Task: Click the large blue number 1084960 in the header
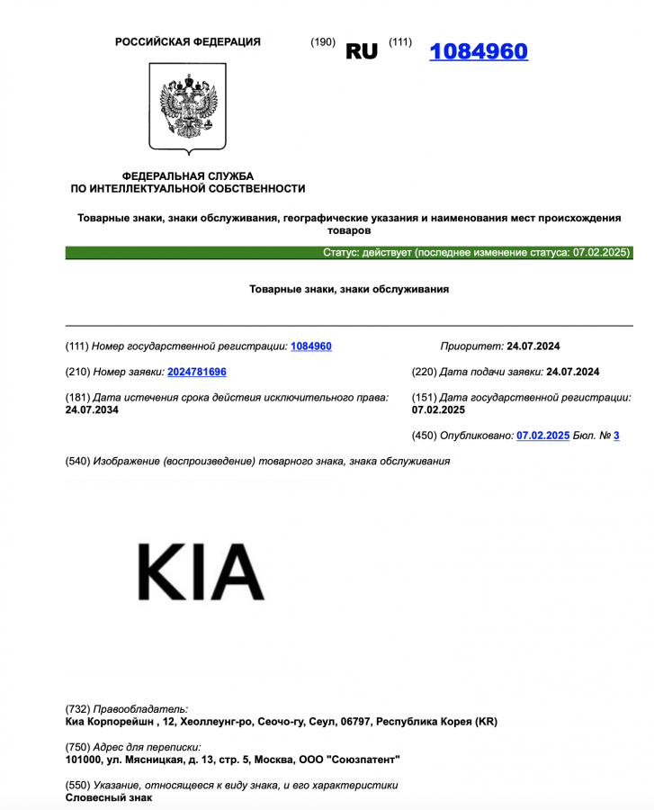tap(479, 51)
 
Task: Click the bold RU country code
tap(362, 52)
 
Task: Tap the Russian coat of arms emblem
tap(187, 107)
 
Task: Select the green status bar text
tap(477, 253)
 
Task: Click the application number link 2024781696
tap(197, 372)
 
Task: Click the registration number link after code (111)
tap(311, 346)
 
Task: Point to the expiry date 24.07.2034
tap(92, 410)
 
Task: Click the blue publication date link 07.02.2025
tap(542, 436)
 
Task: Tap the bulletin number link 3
tap(616, 436)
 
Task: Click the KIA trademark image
tap(201, 572)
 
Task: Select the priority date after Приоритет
tap(533, 346)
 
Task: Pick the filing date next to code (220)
tap(572, 372)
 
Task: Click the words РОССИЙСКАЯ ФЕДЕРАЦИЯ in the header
tap(188, 42)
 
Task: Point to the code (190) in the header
tap(322, 42)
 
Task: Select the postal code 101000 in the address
tap(85, 760)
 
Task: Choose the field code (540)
tap(77, 462)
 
